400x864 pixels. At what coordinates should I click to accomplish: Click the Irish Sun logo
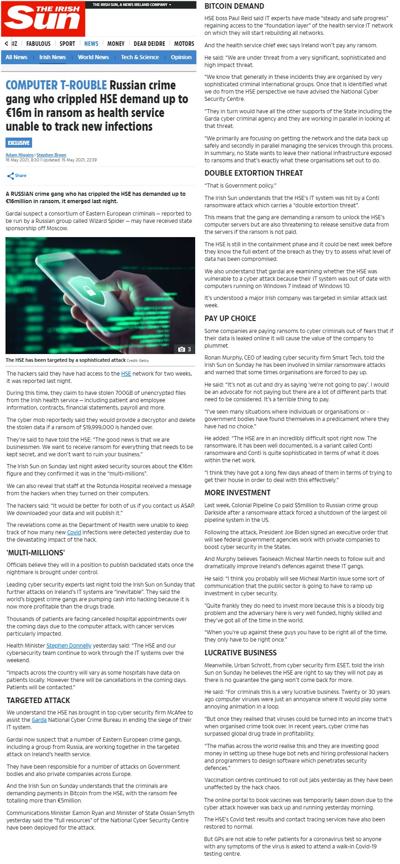pos(43,18)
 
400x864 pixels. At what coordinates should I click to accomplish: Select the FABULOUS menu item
pos(38,44)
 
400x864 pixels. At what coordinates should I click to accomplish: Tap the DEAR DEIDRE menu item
pos(149,44)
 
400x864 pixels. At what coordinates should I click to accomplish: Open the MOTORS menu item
pos(184,44)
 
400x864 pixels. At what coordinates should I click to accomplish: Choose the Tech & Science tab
pos(140,57)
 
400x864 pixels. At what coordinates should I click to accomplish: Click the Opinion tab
pos(181,57)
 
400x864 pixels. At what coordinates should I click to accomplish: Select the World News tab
pos(93,57)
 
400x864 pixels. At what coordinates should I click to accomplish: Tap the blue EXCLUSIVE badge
pos(19,143)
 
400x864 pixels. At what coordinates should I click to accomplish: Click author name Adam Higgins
pos(19,155)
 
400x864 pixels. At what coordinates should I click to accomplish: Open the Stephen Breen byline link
pos(51,155)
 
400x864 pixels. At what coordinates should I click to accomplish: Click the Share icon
pos(11,176)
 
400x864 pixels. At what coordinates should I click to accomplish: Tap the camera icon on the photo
pos(181,349)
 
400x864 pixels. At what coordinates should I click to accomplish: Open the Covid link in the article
pos(74,532)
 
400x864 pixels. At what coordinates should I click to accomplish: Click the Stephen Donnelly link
pos(69,646)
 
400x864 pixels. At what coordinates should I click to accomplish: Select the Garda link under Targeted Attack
pos(39,720)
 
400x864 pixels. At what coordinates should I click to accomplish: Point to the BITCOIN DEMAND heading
pos(234,6)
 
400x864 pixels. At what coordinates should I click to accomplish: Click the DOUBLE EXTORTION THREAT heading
pos(253,173)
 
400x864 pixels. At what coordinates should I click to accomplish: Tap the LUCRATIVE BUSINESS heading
pos(241,653)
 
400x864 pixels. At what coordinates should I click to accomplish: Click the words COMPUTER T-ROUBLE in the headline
pos(56,85)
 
